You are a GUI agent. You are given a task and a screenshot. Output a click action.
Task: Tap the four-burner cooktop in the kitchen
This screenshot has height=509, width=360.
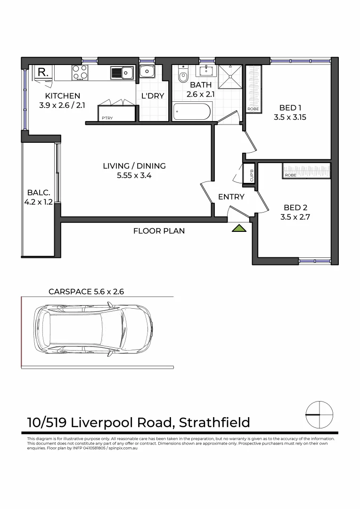[x=80, y=72]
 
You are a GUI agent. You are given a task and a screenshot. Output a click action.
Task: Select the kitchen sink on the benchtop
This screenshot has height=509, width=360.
[x=122, y=73]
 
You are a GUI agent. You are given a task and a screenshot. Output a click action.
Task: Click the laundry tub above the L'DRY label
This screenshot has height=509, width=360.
[x=147, y=72]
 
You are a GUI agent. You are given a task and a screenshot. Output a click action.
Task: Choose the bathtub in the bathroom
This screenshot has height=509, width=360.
[x=193, y=112]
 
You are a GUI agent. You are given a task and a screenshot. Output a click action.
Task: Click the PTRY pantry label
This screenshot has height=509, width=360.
[x=107, y=118]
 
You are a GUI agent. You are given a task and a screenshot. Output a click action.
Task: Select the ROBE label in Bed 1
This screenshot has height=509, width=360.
[x=253, y=109]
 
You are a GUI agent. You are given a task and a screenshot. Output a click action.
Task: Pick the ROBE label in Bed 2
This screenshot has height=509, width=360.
[x=290, y=175]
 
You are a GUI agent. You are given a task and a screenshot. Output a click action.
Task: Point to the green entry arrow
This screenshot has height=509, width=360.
[x=240, y=229]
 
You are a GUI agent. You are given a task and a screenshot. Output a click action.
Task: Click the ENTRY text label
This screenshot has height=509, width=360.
[x=231, y=197]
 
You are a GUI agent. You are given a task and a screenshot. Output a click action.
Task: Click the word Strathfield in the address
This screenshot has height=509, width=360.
[x=214, y=422]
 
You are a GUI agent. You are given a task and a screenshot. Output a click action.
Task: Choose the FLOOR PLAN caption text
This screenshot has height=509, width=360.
[x=159, y=231]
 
